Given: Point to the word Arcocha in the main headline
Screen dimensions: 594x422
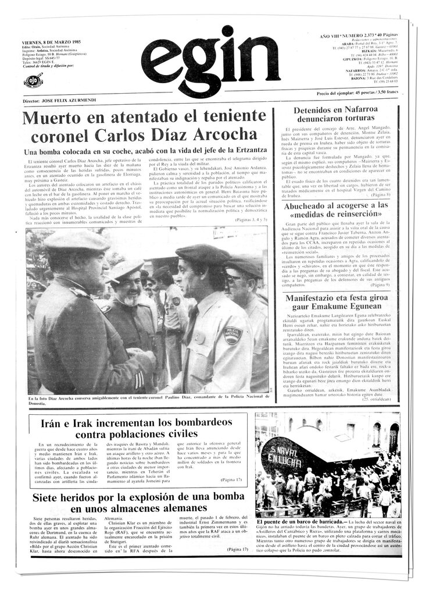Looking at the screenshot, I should tap(227, 137).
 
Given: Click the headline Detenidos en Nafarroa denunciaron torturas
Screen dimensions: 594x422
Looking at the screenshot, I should tap(344, 114).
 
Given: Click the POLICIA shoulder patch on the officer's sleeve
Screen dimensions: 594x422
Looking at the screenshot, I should tap(232, 336).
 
